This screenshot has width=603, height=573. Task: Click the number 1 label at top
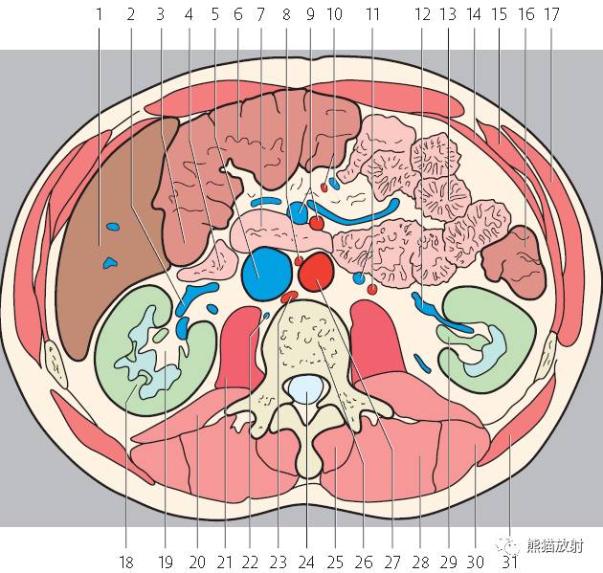pyautogui.click(x=100, y=14)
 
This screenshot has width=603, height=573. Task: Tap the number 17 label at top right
pyautogui.click(x=551, y=14)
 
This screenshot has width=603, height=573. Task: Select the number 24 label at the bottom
pyautogui.click(x=306, y=562)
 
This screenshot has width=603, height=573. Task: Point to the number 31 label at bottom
pyautogui.click(x=510, y=562)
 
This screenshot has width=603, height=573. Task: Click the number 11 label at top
pyautogui.click(x=372, y=14)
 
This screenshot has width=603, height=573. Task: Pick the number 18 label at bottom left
pyautogui.click(x=126, y=562)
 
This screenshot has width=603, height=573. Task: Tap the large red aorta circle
pyautogui.click(x=317, y=272)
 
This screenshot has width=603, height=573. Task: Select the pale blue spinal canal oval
pyautogui.click(x=306, y=389)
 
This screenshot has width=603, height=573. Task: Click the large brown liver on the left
pyautogui.click(x=112, y=238)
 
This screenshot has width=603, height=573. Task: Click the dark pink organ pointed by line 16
pyautogui.click(x=515, y=261)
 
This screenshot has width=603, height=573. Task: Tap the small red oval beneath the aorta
pyautogui.click(x=289, y=297)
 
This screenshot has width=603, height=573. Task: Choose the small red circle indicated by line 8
pyautogui.click(x=299, y=261)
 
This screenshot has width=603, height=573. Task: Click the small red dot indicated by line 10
pyautogui.click(x=324, y=187)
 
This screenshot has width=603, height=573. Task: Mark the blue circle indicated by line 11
pyautogui.click(x=359, y=277)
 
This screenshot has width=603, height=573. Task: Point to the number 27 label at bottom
pyautogui.click(x=392, y=562)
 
